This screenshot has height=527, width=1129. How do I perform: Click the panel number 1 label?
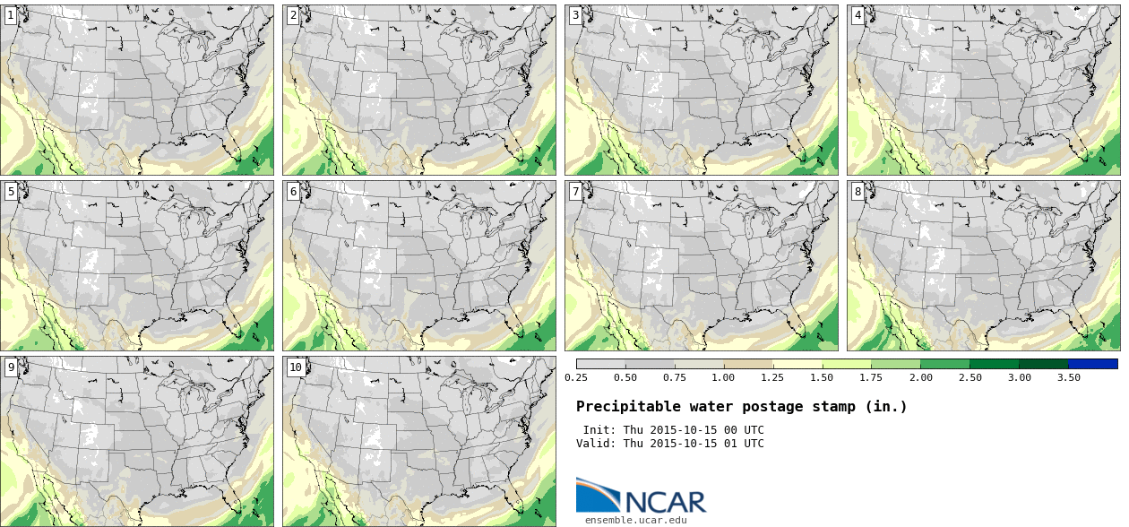point(11,15)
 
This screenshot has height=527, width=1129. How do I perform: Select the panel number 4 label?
point(858,15)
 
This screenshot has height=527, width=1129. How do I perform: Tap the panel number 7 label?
point(575,191)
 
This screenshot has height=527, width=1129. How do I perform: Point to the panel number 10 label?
point(295,367)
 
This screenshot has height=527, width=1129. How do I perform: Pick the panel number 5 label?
point(11,191)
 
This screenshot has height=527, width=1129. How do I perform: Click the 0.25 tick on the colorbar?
point(576,377)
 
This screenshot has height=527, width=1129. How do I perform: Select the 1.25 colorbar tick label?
point(772,377)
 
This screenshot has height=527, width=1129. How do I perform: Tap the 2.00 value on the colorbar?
point(920,377)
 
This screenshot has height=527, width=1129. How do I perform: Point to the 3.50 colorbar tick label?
point(1068,377)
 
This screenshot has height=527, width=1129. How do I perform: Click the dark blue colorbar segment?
point(1093,364)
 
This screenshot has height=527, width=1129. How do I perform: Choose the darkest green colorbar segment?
point(1043,364)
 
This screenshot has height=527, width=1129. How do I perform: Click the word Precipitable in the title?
point(620,407)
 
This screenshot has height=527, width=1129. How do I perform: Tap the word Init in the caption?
point(598,430)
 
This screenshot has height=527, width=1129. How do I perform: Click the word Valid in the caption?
point(595,444)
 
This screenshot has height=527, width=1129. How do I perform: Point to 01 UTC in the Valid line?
point(743,444)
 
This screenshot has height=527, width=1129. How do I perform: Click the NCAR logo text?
point(665,502)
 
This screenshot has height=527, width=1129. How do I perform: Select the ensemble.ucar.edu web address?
point(636,520)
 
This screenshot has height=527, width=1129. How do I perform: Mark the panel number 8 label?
point(858,191)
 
